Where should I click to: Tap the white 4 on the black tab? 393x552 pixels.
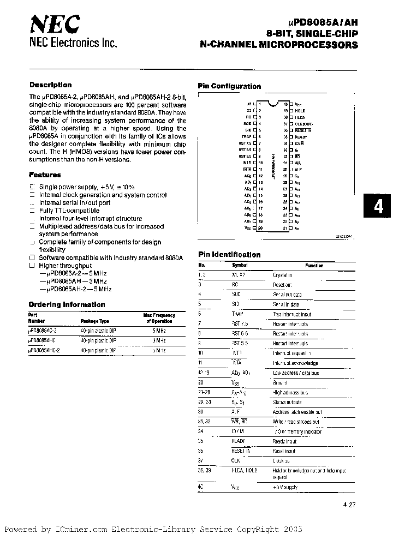click(378, 208)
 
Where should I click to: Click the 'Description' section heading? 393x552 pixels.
click(50, 85)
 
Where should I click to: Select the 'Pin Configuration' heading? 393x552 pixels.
click(229, 86)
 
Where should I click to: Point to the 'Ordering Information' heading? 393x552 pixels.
click(67, 305)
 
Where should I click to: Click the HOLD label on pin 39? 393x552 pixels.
click(301, 110)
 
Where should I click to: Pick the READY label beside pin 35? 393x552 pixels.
click(302, 137)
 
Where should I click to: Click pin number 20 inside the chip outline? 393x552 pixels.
click(260, 229)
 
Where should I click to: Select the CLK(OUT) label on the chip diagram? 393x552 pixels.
click(304, 124)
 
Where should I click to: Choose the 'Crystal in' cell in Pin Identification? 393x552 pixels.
click(282, 275)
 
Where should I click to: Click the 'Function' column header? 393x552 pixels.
click(314, 266)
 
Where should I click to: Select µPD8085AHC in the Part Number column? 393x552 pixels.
click(45, 340)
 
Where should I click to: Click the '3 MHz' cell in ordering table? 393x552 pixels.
click(159, 340)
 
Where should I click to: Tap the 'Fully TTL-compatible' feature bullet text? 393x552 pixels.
click(69, 211)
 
